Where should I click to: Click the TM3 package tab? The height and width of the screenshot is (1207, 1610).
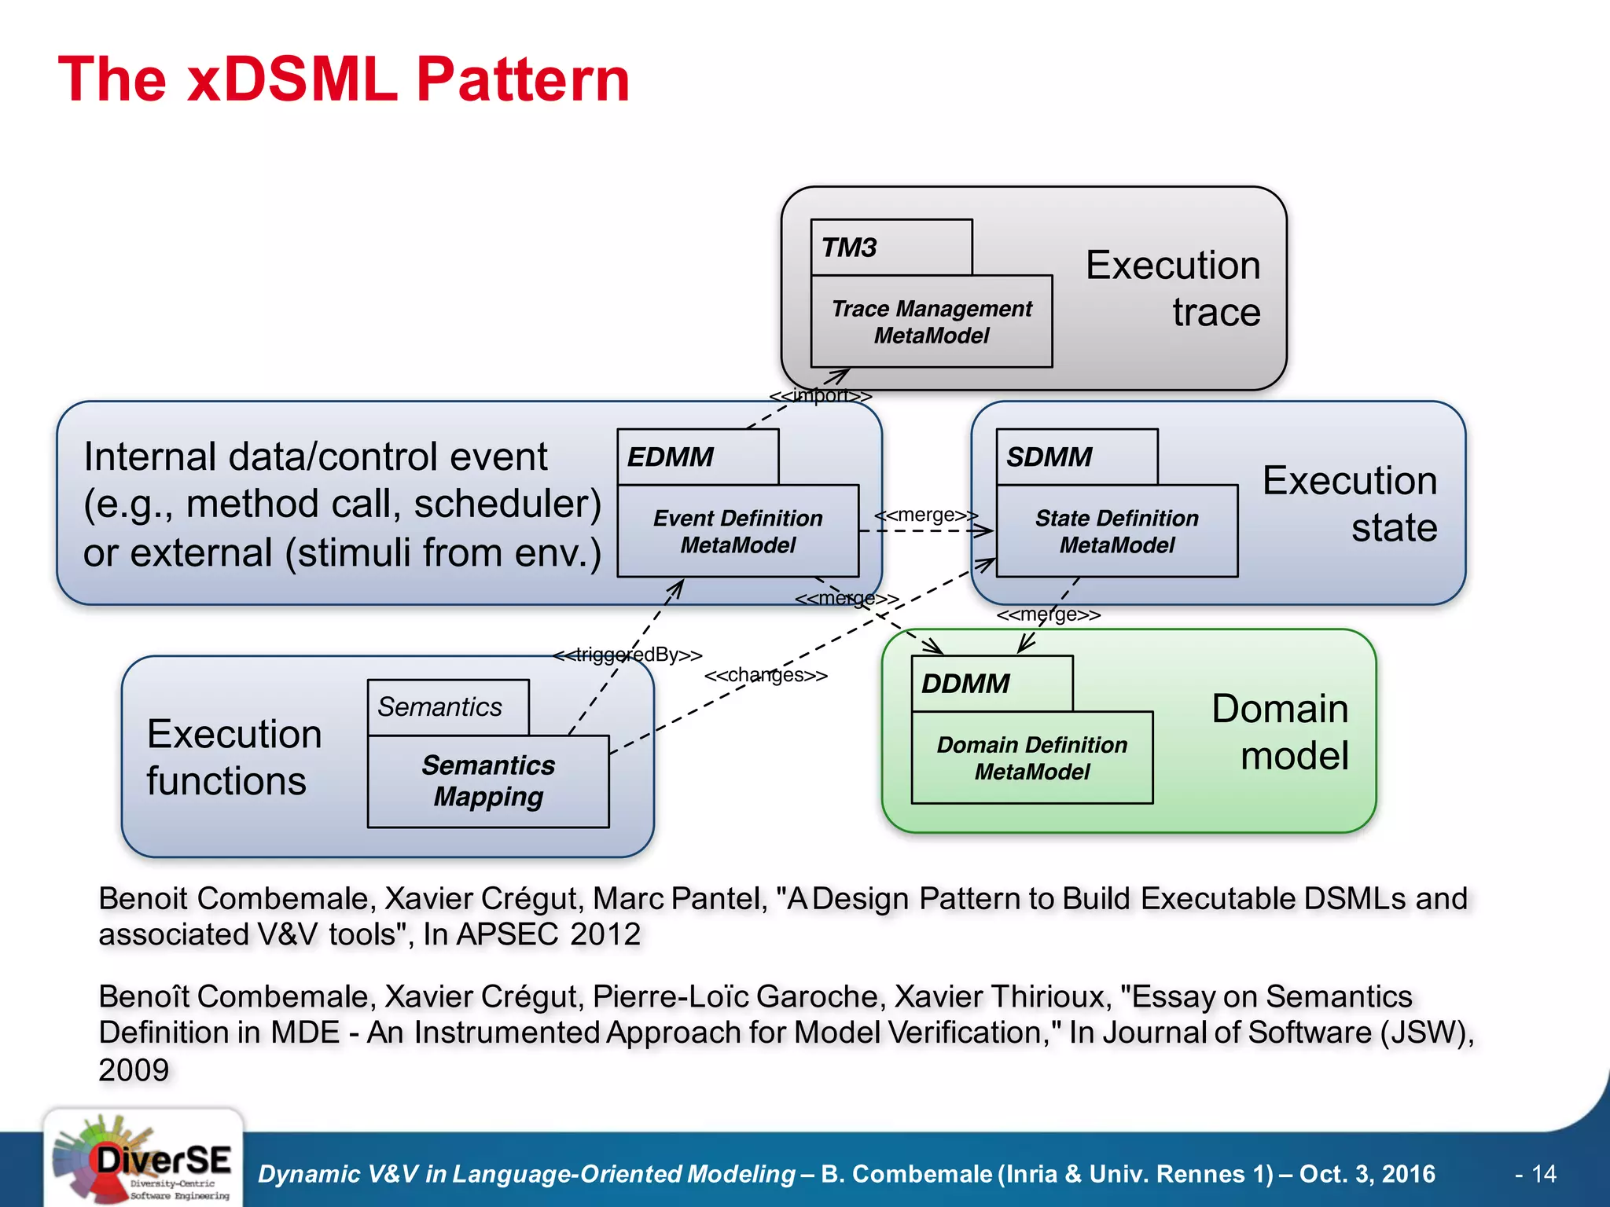click(x=891, y=248)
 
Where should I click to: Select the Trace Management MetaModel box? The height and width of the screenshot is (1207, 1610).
click(x=932, y=321)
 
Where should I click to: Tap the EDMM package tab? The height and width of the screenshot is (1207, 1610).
click(x=697, y=457)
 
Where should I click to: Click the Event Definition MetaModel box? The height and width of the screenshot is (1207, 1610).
click(x=737, y=531)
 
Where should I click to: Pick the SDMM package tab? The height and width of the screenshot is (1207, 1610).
click(x=1076, y=457)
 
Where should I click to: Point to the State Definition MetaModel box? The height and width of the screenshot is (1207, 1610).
click(x=1116, y=531)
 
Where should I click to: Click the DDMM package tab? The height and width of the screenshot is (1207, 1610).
click(x=991, y=684)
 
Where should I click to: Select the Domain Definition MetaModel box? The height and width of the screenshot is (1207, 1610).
click(x=1031, y=758)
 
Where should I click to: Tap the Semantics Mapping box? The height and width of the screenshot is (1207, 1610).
click(x=488, y=781)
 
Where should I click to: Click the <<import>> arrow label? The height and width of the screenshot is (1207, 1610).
click(x=820, y=395)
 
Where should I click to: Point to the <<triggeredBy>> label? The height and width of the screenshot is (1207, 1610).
click(x=627, y=655)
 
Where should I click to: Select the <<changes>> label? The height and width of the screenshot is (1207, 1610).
click(x=766, y=675)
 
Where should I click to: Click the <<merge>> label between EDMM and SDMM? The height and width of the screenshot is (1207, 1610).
click(x=926, y=515)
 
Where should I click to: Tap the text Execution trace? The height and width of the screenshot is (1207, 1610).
click(x=1173, y=288)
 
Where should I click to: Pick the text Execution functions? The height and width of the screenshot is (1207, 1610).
click(x=233, y=757)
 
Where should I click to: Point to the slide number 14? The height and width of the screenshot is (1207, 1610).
click(x=1543, y=1174)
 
